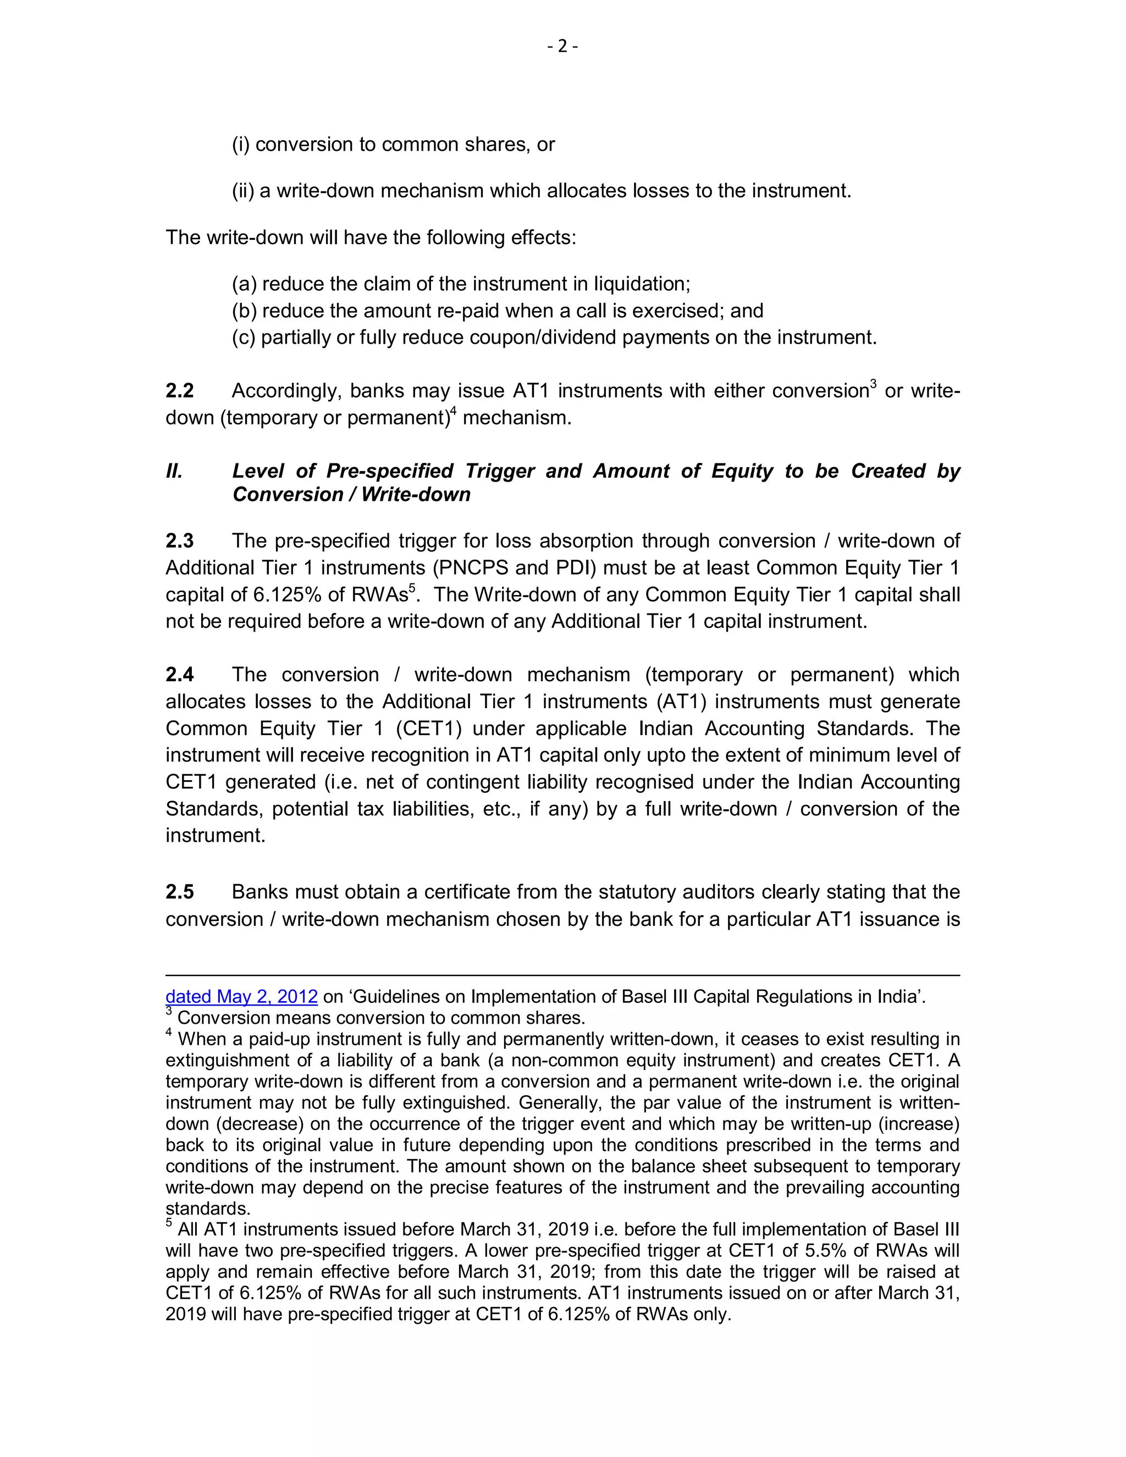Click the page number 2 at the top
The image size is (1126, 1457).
(x=562, y=46)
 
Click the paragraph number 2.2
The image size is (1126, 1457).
(x=179, y=390)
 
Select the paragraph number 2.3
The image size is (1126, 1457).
(x=179, y=540)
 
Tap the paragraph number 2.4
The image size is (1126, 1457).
(x=179, y=675)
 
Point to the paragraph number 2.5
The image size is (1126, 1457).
(x=179, y=892)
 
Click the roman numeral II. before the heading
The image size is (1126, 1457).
(x=173, y=471)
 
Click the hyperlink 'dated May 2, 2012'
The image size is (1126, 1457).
(x=241, y=997)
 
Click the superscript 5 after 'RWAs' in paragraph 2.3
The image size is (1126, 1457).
(x=412, y=588)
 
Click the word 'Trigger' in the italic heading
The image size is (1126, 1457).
(x=500, y=471)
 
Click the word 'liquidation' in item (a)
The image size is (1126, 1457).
(x=639, y=284)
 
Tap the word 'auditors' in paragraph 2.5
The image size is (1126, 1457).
(x=714, y=892)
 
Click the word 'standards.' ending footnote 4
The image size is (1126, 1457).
(x=207, y=1209)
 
